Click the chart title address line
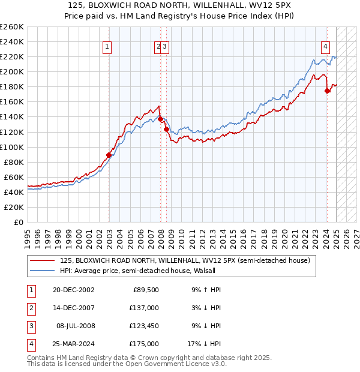tap(179, 6)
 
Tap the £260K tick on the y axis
tap(12, 27)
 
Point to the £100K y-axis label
tap(12, 147)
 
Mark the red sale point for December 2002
tap(109, 155)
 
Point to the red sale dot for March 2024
tap(327, 91)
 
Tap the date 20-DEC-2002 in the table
tap(73, 290)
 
